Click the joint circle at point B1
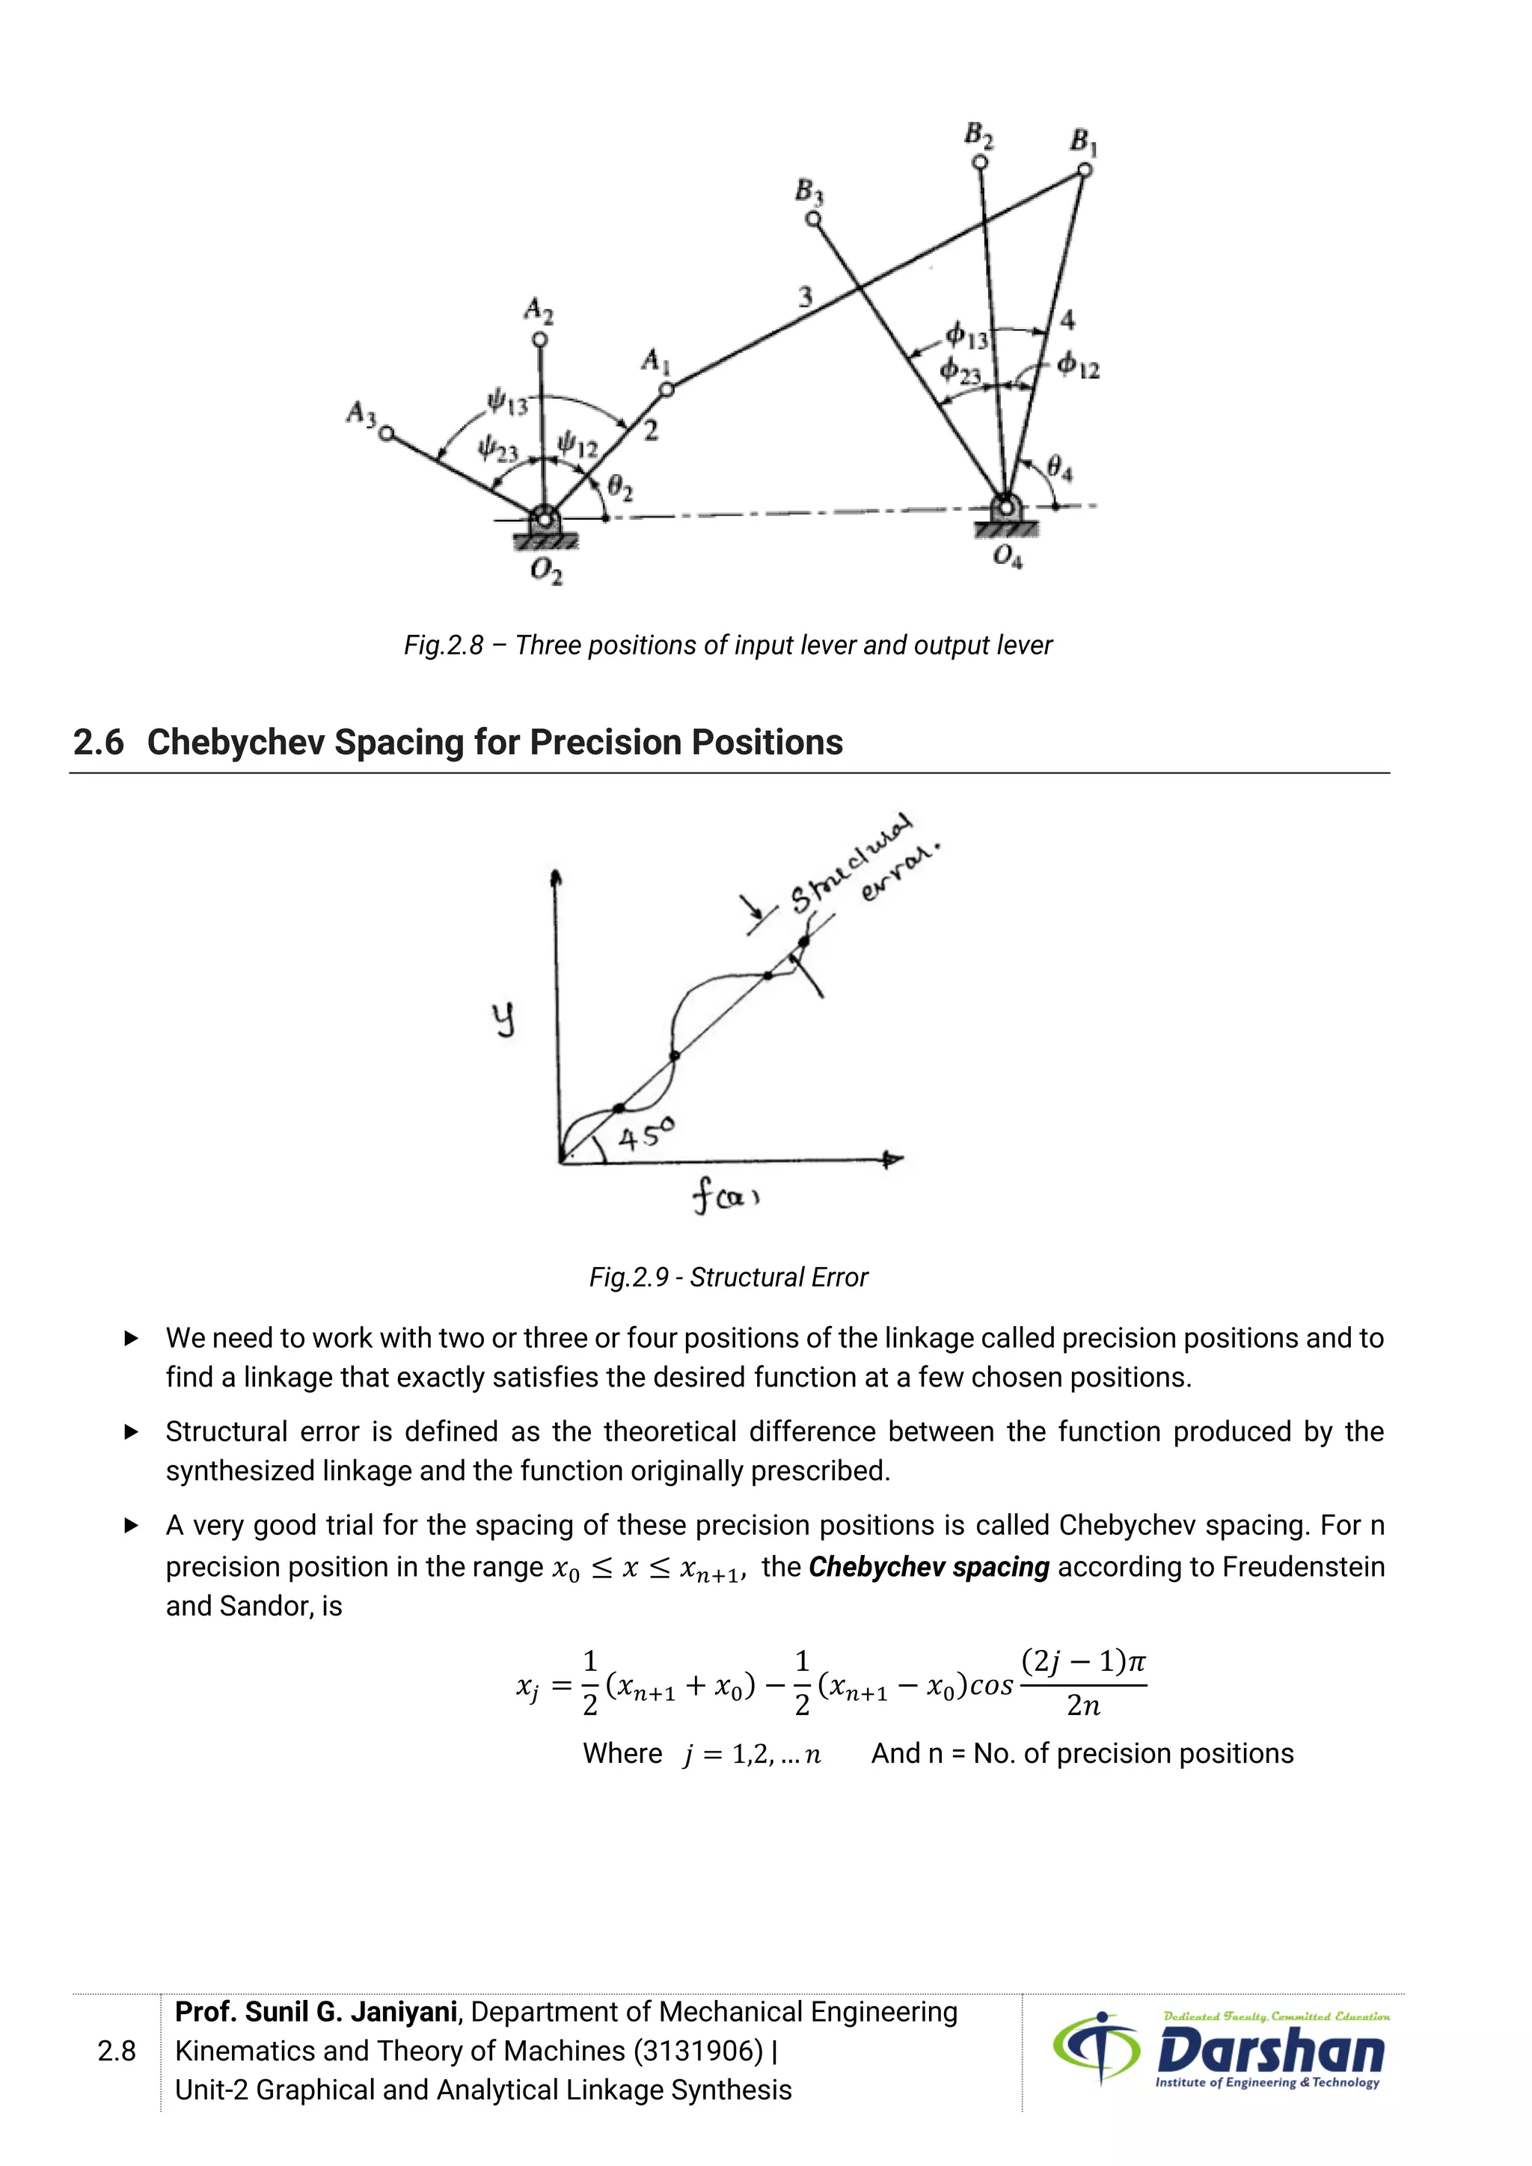1085,170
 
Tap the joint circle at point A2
539,340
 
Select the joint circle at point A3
386,434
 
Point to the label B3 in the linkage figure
809,191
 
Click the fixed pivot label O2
545,571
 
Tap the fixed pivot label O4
1008,556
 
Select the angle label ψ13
506,404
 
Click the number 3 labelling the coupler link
805,296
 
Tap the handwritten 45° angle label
646,1134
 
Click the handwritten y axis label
505,1019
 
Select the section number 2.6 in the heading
98,743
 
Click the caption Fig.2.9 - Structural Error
729,1277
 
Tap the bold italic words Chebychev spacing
928,1567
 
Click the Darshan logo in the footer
1221,2052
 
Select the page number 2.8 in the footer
117,2051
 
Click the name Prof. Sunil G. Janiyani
316,2012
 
